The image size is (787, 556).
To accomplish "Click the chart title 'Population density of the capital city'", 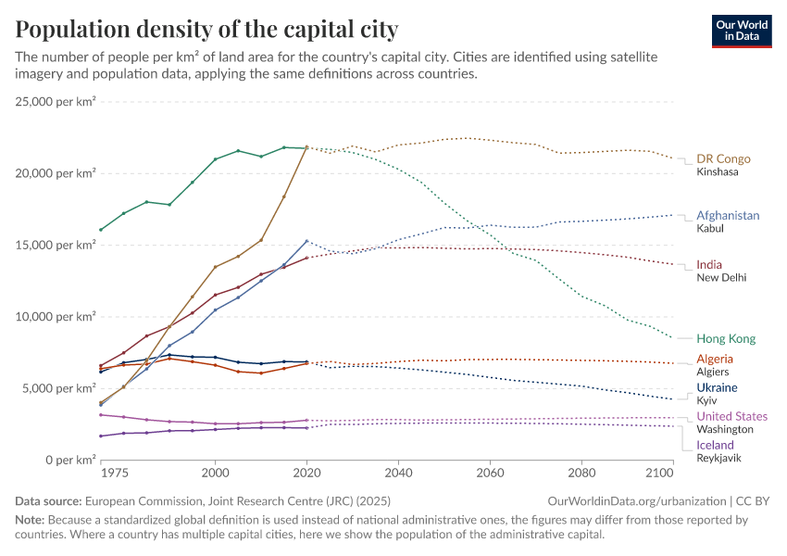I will (x=206, y=30).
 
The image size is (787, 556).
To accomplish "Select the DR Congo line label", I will (x=723, y=158).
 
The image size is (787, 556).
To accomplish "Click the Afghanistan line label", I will (x=728, y=215).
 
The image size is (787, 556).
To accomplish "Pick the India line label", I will (x=709, y=264).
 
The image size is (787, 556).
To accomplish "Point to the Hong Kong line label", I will (x=726, y=338).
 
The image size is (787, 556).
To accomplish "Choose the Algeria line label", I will (x=715, y=359).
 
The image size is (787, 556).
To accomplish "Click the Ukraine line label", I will (x=717, y=387).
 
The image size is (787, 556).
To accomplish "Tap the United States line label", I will (x=731, y=416).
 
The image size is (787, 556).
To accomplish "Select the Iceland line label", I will (x=715, y=445).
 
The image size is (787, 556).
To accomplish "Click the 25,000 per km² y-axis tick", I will (x=56, y=102).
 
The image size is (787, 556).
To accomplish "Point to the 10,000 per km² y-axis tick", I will (x=56, y=317).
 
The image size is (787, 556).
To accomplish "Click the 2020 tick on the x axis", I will (x=306, y=474).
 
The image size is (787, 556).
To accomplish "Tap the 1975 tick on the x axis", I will (x=114, y=474).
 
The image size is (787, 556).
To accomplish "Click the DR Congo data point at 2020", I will (x=306, y=146).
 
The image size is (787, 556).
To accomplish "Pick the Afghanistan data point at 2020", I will (x=306, y=241).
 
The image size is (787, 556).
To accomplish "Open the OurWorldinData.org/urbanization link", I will (x=640, y=500).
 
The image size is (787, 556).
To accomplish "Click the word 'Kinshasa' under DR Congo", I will (x=718, y=172).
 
